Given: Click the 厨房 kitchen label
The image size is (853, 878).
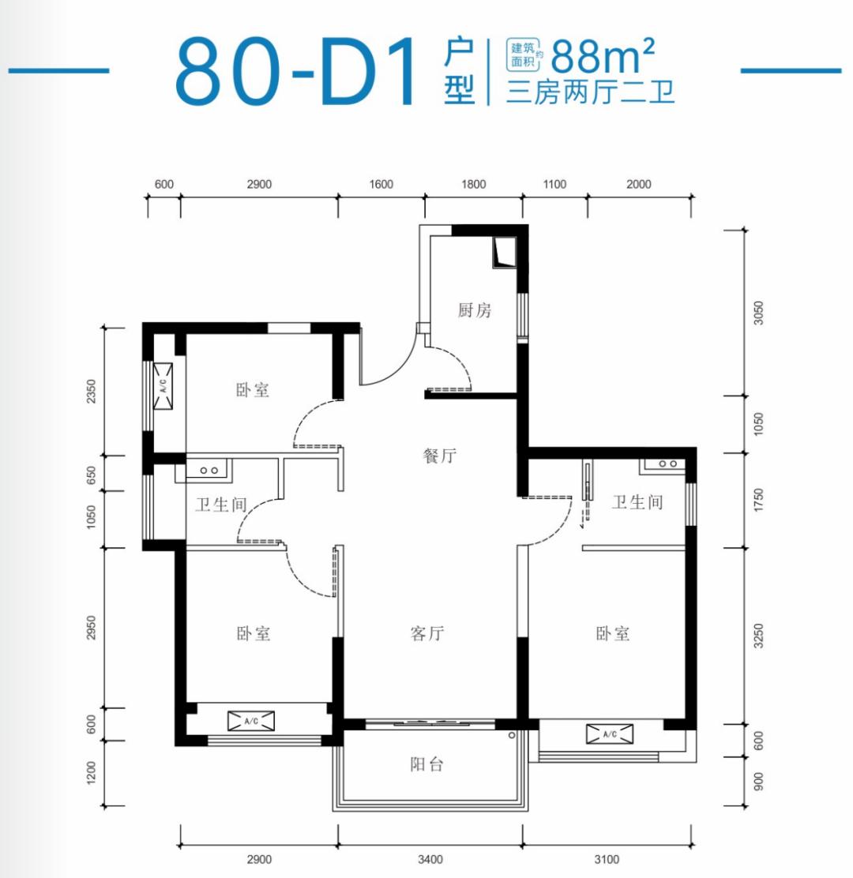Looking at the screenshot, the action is tap(475, 310).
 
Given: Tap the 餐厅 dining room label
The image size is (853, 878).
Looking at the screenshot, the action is tap(440, 456).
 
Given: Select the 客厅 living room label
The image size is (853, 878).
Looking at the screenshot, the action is tap(427, 633).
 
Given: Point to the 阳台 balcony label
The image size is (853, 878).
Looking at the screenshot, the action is tap(426, 764).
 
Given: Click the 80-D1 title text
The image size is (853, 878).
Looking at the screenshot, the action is tap(297, 71).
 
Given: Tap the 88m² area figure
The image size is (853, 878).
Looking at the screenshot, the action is tap(603, 56).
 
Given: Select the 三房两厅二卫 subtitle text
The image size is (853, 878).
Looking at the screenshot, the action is tap(590, 92).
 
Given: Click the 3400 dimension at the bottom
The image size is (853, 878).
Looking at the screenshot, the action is tap(430, 859).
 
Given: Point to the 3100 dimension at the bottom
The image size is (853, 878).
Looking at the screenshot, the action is tap(607, 859).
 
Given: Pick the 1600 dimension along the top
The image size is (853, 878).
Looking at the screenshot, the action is tap(381, 184).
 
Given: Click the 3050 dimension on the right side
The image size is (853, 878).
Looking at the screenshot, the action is tap(758, 313).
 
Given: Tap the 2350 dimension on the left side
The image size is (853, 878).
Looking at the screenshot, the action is tap(91, 391).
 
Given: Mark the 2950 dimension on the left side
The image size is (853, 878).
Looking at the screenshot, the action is tap(91, 628).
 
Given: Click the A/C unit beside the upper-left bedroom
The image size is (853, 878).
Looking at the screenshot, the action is tap(163, 386).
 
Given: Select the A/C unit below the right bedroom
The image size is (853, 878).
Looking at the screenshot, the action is tap(610, 734).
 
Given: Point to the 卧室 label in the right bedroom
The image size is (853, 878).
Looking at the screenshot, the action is tap(613, 633).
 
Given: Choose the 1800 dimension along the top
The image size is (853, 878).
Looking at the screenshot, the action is tap(473, 184).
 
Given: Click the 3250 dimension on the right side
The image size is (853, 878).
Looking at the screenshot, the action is tap(758, 636).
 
